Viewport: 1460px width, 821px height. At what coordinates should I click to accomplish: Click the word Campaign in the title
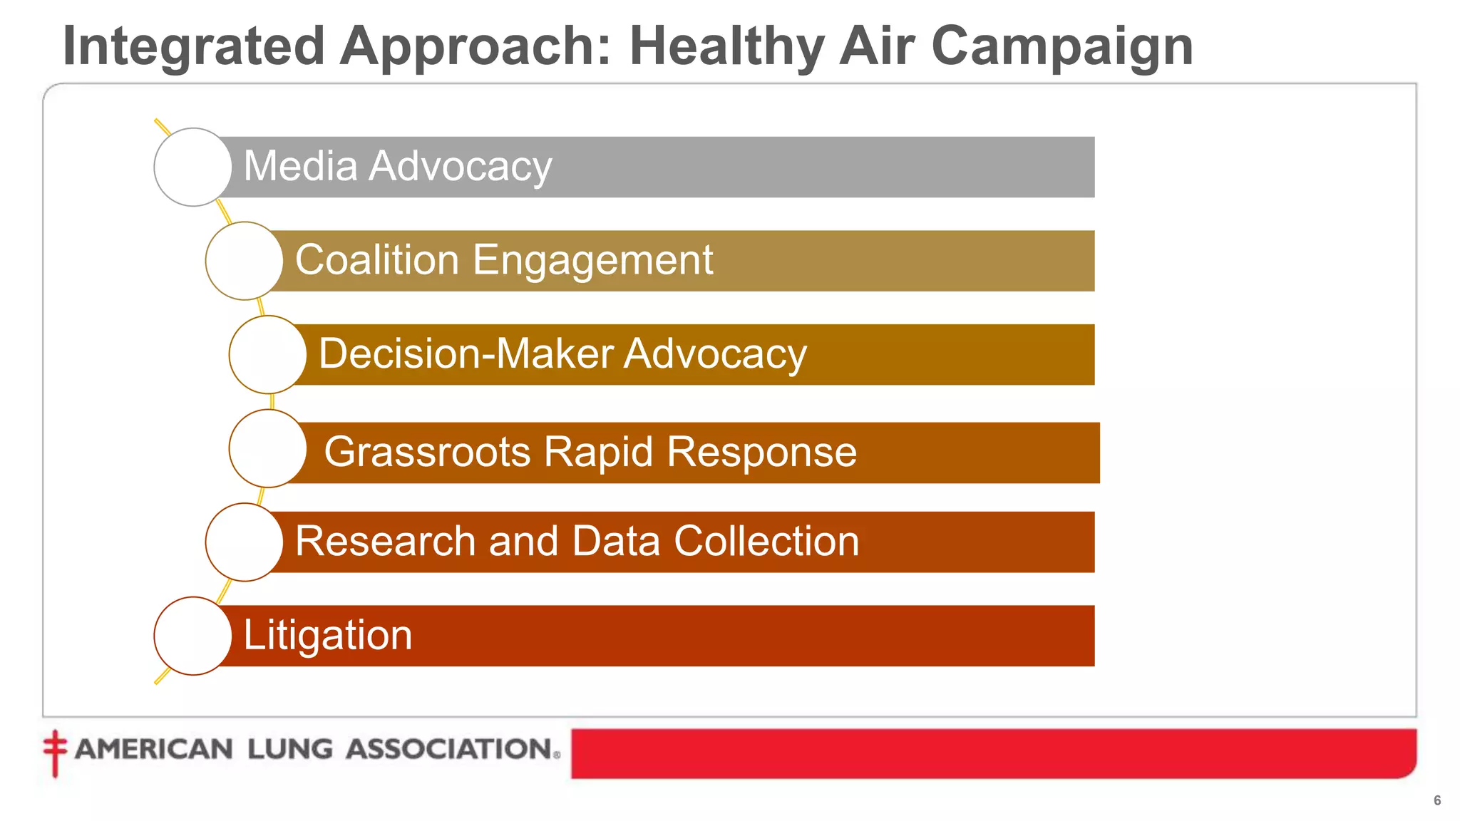tap(1061, 46)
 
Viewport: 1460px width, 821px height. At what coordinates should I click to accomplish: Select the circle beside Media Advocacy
tap(192, 167)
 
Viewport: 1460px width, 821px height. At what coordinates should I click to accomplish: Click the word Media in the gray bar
tap(300, 166)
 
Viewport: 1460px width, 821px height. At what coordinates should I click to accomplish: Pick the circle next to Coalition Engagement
tap(245, 261)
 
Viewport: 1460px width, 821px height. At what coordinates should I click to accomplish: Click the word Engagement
tap(592, 260)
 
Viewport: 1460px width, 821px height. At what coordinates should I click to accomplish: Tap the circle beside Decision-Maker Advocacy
tap(268, 355)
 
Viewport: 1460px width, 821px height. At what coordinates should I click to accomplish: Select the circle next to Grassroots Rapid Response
tap(268, 449)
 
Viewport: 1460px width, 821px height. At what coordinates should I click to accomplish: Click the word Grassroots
tap(428, 452)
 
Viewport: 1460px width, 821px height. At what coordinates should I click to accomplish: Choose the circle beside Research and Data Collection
tap(245, 542)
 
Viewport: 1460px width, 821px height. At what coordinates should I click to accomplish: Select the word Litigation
tap(328, 635)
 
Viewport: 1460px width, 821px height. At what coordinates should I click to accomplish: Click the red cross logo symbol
tap(54, 751)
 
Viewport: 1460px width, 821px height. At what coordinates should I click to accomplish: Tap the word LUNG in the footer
tap(290, 749)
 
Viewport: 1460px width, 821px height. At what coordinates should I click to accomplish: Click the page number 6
tap(1437, 800)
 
